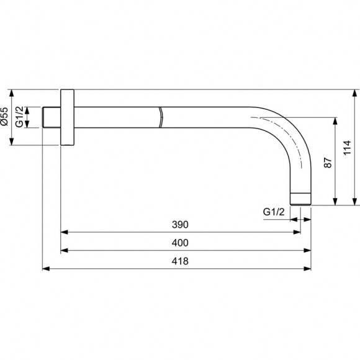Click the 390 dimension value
(180, 225)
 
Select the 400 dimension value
(180, 243)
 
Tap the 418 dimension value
(180, 261)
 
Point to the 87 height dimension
(328, 163)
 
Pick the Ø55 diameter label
(5, 117)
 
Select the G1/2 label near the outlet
(273, 212)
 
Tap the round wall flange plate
(67, 117)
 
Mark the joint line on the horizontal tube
(160, 117)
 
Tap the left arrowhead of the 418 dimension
(45, 269)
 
